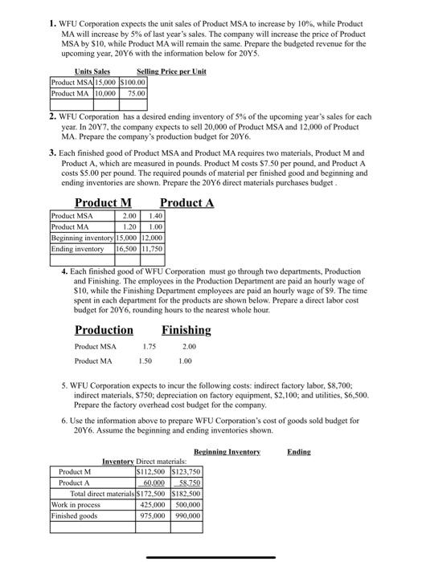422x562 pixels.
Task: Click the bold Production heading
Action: (x=104, y=330)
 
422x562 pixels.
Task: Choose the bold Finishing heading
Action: (x=186, y=330)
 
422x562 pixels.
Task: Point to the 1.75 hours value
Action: (x=149, y=347)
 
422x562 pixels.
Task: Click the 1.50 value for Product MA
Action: (x=145, y=361)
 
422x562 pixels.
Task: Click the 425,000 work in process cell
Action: (x=156, y=505)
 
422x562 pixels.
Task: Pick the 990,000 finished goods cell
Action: (x=186, y=516)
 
